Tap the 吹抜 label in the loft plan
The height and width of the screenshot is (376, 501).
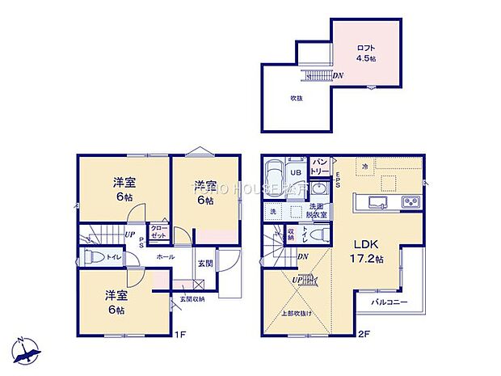click(x=296, y=98)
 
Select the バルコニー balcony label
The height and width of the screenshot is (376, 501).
click(x=389, y=302)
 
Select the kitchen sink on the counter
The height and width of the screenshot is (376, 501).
click(x=378, y=201)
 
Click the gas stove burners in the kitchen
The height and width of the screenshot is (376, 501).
click(x=410, y=201)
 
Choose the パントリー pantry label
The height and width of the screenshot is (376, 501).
click(x=319, y=166)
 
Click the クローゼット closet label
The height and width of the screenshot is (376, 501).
click(x=158, y=232)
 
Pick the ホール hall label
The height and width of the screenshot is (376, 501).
click(x=165, y=256)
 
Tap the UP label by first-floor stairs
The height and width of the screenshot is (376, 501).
click(x=129, y=234)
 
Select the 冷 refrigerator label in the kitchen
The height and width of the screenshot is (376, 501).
click(x=365, y=167)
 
